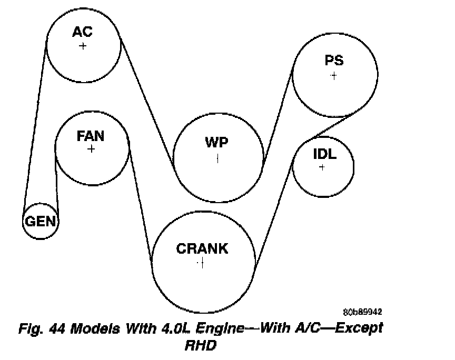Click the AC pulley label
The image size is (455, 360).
coord(83,32)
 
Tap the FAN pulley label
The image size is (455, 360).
coord(91,136)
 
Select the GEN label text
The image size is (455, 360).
coord(41,221)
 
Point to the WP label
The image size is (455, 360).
coord(217,143)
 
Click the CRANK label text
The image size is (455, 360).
coord(202,248)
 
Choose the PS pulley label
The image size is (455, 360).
coord(334,61)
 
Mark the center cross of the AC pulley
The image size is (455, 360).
coord(83,46)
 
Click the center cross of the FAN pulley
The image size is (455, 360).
coord(91,149)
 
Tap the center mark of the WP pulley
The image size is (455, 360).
coord(217,158)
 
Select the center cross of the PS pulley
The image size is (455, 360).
coord(333,76)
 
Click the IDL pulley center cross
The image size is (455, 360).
coord(322,167)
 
